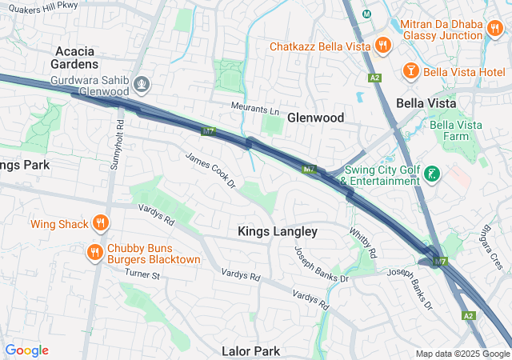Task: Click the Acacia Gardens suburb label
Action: [x=76, y=57]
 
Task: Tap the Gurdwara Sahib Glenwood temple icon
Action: [x=142, y=82]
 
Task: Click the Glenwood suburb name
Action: [x=315, y=118]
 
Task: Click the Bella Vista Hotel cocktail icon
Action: [x=410, y=70]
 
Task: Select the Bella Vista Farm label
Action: [x=460, y=130]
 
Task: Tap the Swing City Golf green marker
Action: [x=432, y=174]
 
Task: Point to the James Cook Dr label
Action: [x=211, y=171]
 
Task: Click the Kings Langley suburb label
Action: [x=278, y=231]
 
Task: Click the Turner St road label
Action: [x=142, y=274]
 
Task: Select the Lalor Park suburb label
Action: [x=250, y=351]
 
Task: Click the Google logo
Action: [x=26, y=350]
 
